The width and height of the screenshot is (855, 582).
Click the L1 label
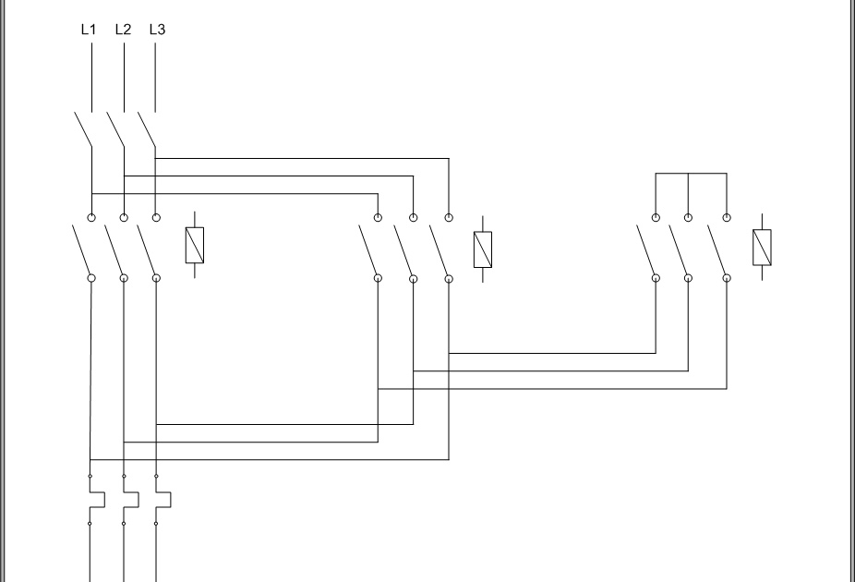pyautogui.click(x=89, y=30)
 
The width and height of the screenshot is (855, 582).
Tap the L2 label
pyautogui.click(x=123, y=30)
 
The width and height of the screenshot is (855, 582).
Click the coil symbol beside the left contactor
pyautogui.click(x=195, y=244)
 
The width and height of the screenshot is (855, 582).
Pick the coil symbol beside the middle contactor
pyautogui.click(x=483, y=249)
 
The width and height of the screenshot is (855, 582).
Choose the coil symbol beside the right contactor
pyautogui.click(x=763, y=247)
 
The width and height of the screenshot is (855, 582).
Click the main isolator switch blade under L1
pyautogui.click(x=84, y=129)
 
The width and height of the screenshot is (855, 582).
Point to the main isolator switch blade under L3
pyautogui.click(x=147, y=129)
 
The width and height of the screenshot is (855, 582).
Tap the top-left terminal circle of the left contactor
pyautogui.click(x=91, y=217)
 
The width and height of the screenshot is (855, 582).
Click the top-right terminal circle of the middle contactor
pyautogui.click(x=449, y=218)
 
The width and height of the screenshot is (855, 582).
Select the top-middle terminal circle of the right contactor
pyautogui.click(x=689, y=218)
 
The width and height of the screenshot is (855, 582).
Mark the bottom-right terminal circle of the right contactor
pyautogui.click(x=727, y=277)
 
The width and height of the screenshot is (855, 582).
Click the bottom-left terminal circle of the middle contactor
pyautogui.click(x=379, y=277)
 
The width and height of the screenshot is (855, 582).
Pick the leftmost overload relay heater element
pyautogui.click(x=96, y=500)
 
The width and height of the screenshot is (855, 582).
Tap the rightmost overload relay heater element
pyautogui.click(x=163, y=500)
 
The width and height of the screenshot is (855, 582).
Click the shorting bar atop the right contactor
pyautogui.click(x=691, y=173)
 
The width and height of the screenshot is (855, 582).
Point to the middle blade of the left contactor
pyautogui.click(x=114, y=248)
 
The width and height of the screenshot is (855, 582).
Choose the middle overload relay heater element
pyautogui.click(x=129, y=500)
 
